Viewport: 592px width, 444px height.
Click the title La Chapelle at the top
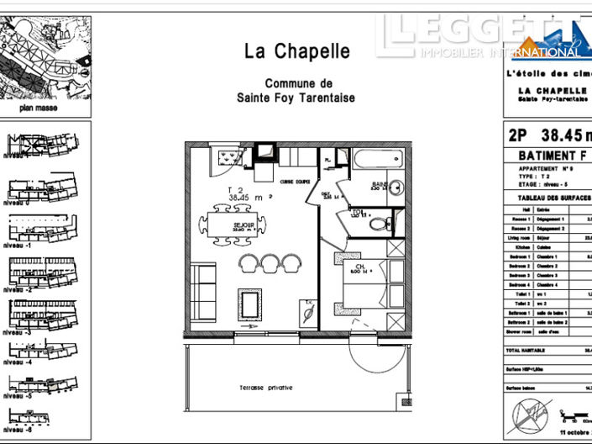[296, 51]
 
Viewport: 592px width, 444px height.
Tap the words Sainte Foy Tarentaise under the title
[296, 98]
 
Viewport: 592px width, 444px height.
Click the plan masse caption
[36, 108]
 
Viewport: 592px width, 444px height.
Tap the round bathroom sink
[398, 188]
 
